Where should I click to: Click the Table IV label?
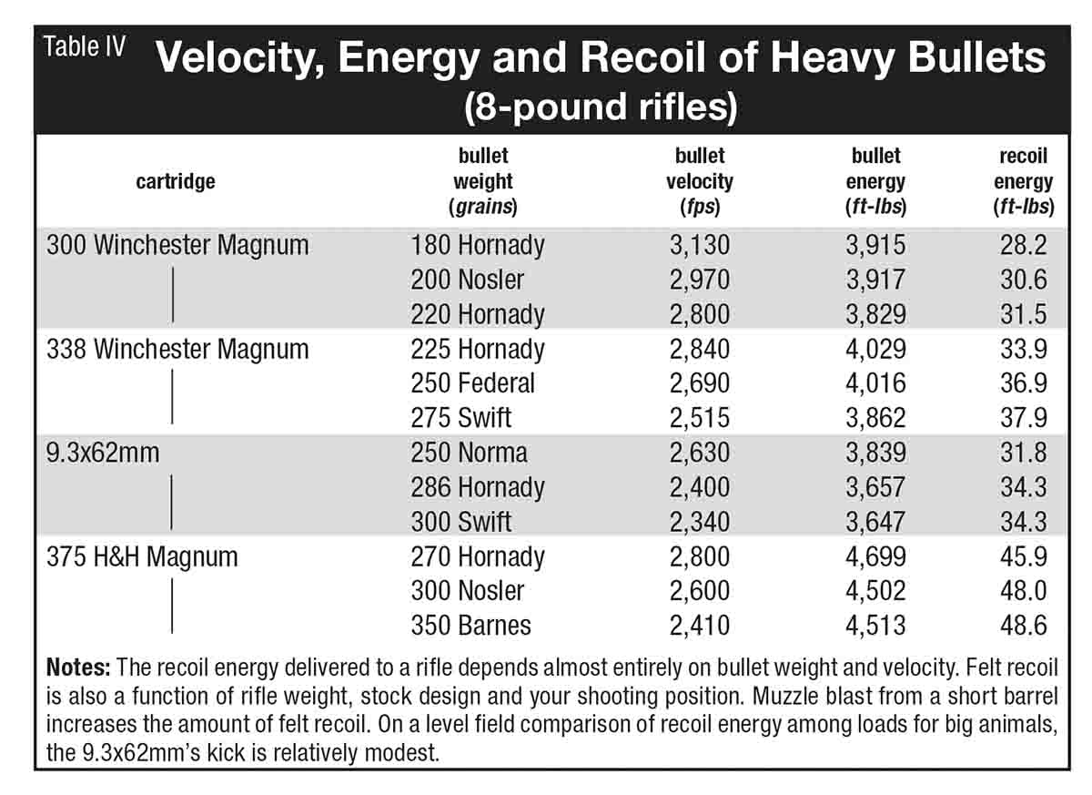pos(85,48)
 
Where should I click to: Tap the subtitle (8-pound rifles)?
pos(600,107)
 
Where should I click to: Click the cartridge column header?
pos(176,181)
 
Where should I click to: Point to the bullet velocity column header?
pos(699,180)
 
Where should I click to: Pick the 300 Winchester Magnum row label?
pos(177,245)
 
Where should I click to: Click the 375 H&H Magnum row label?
pos(142,556)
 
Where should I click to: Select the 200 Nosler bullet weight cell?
pos(468,280)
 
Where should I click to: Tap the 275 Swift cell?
pos(461,418)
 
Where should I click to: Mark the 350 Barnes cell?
pos(471,626)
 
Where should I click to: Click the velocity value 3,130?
pos(699,245)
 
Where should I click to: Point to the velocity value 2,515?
pos(699,418)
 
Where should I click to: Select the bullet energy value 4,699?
pos(875,556)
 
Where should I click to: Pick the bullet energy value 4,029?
pos(875,349)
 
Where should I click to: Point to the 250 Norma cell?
pos(470,453)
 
